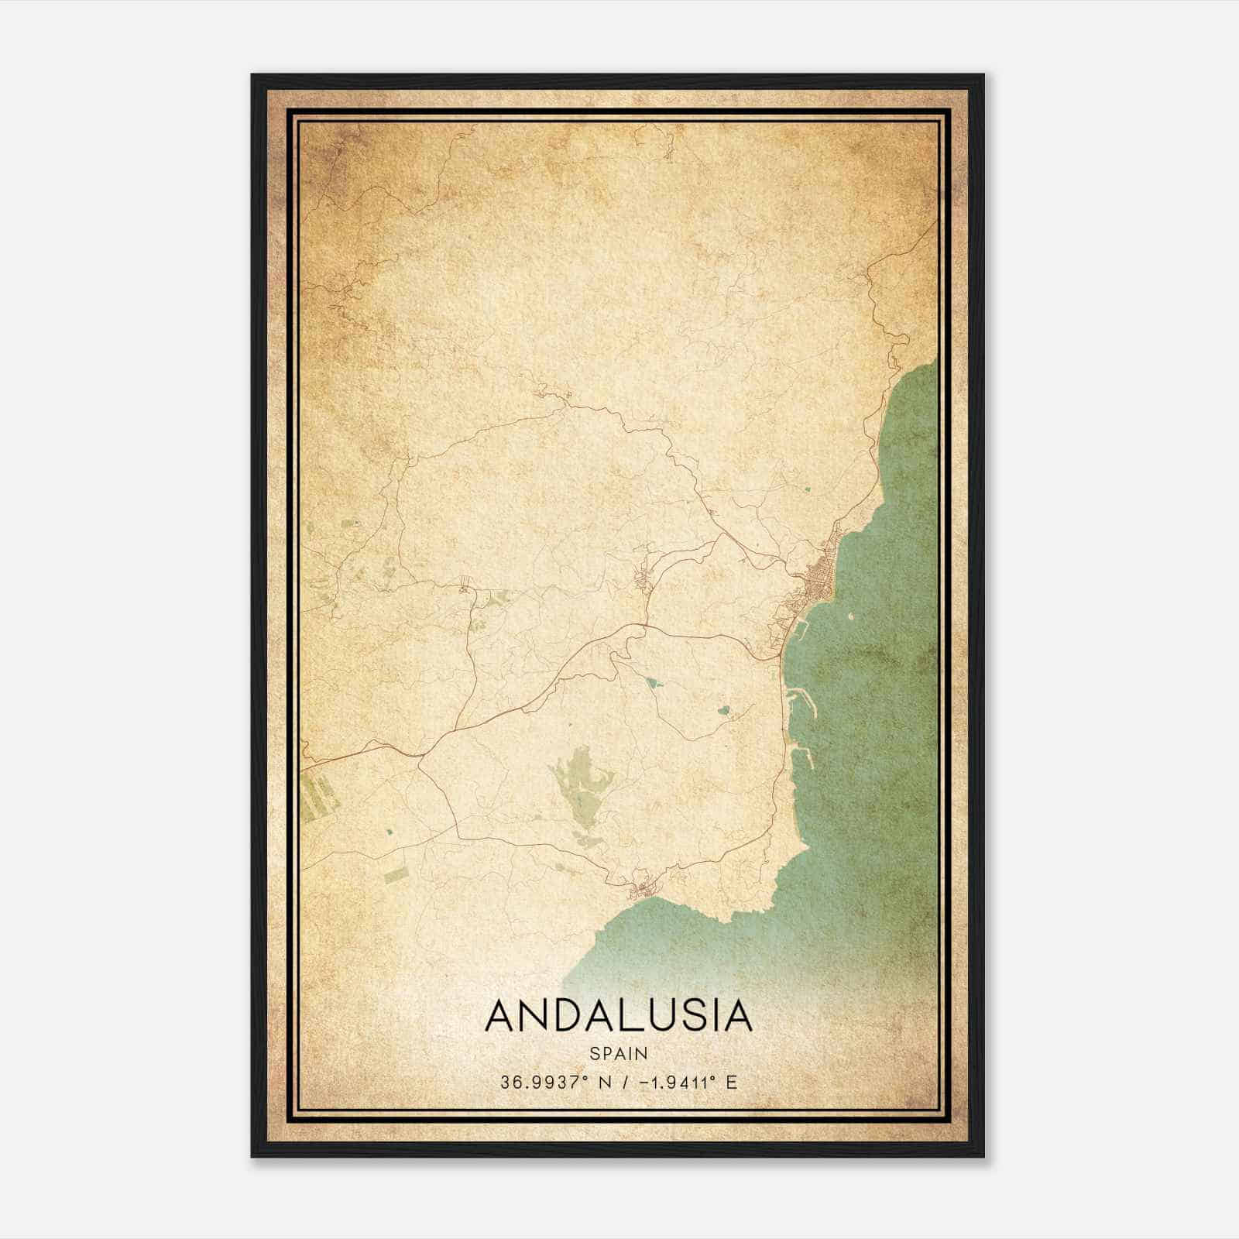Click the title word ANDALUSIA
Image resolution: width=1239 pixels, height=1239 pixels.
tap(619, 1016)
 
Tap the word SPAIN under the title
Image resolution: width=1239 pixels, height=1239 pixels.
tap(619, 1053)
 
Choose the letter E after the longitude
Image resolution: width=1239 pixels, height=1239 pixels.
tap(731, 1082)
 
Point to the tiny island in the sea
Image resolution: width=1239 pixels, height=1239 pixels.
tap(849, 618)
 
